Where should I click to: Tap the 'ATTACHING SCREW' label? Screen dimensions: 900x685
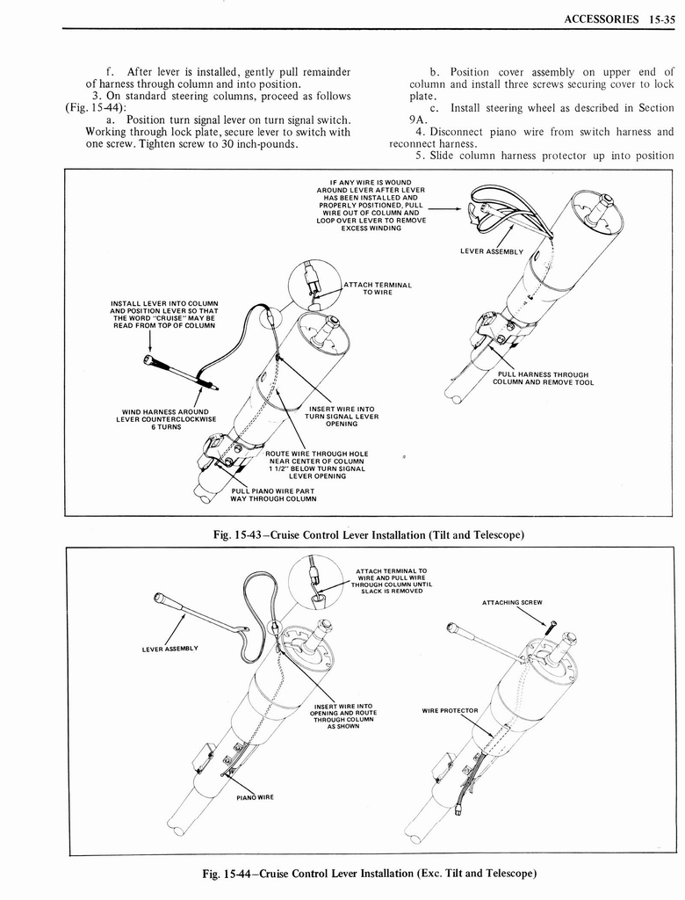point(512,602)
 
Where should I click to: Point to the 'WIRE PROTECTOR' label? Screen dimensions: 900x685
point(450,710)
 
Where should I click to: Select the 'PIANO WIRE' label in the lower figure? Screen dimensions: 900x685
point(256,797)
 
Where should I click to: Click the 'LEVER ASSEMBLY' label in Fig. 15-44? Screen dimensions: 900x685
point(170,649)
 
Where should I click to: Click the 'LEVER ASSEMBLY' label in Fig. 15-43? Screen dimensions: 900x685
point(492,250)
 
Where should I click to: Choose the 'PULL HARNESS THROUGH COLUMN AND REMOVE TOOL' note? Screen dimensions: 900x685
point(542,378)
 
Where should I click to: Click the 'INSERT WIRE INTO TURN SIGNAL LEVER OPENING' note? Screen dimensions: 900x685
point(342,416)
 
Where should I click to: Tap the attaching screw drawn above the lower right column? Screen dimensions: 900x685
point(551,628)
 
